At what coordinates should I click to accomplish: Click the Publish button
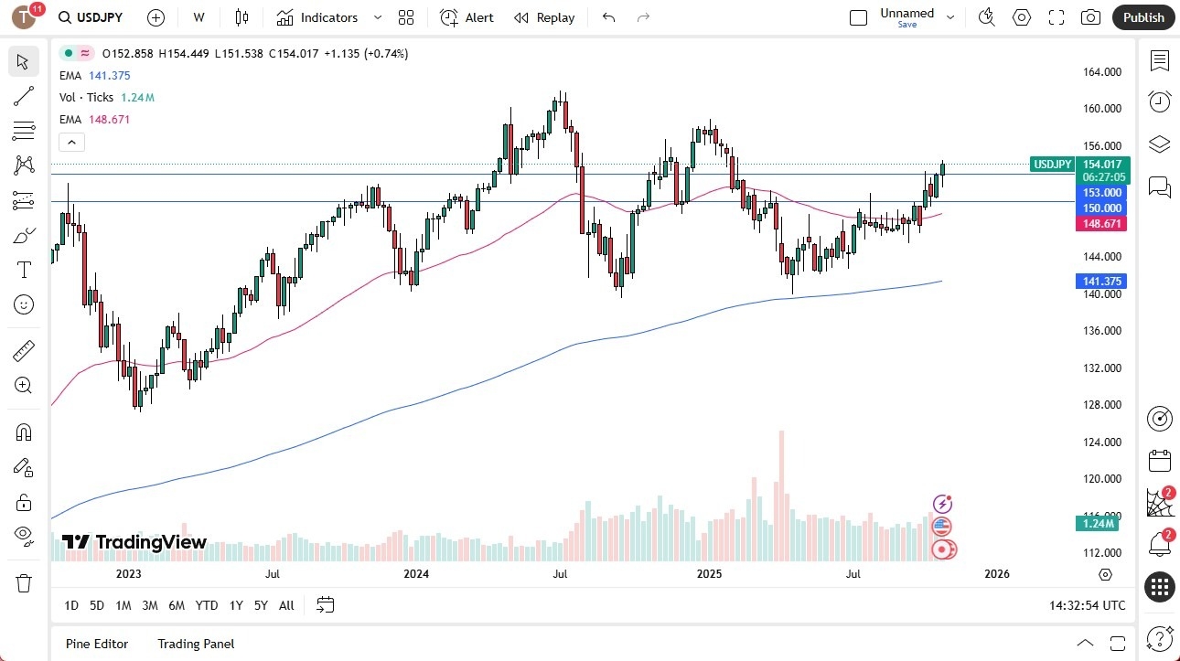1143,17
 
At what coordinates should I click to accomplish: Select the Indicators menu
317,17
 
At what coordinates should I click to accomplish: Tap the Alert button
467,17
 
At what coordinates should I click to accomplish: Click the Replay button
544,17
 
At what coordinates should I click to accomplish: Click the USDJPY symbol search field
91,17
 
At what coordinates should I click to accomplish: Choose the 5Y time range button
261,605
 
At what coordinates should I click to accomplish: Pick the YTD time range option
207,605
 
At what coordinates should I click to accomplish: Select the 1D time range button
71,605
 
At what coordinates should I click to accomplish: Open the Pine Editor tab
97,644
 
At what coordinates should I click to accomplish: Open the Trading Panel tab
196,644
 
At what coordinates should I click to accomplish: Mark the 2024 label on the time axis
416,574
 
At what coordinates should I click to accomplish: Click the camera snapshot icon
1090,17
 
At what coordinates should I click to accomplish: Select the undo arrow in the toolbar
609,17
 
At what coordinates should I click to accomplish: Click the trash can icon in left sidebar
24,582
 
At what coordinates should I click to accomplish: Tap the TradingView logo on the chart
134,542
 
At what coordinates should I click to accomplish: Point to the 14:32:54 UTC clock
1089,605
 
